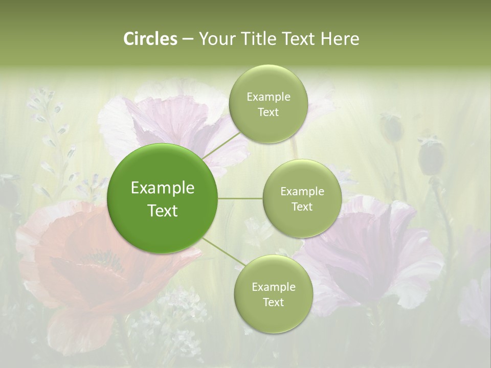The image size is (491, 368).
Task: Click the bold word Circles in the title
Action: click(x=150, y=39)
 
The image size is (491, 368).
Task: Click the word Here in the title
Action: click(x=341, y=39)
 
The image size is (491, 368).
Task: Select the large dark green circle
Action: click(x=162, y=199)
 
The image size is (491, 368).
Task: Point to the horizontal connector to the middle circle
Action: click(x=240, y=198)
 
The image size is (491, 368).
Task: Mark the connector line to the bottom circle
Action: click(x=221, y=252)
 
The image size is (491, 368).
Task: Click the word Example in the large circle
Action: click(x=162, y=188)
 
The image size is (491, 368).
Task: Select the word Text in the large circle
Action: click(x=162, y=211)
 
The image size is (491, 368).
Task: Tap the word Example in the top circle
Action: click(x=268, y=97)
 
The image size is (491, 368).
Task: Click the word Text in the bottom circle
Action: click(x=273, y=303)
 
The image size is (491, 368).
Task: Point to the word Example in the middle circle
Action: click(x=302, y=192)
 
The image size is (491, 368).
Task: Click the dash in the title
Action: click(x=187, y=39)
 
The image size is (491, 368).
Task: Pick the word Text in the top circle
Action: click(x=268, y=112)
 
